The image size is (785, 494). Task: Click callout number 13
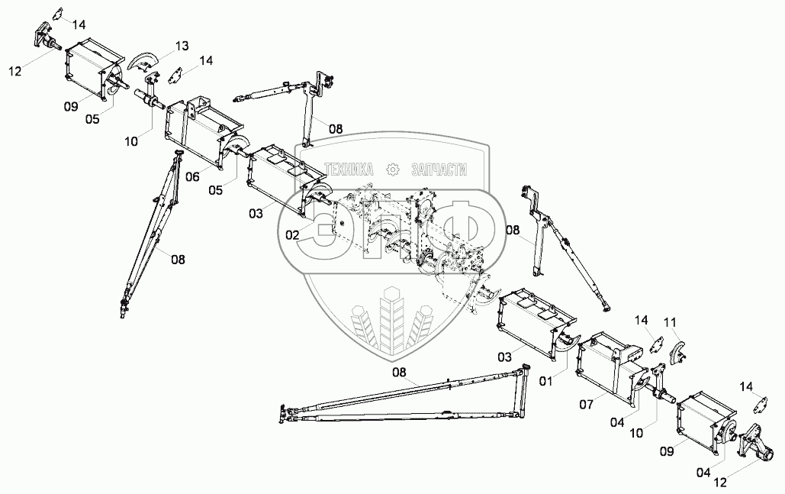pyautogui.click(x=181, y=47)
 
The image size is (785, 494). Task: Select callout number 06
pyautogui.click(x=193, y=176)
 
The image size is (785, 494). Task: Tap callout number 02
pyautogui.click(x=293, y=235)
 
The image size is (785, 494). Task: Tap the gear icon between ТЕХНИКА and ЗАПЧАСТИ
pyautogui.click(x=394, y=170)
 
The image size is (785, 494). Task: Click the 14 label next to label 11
pyautogui.click(x=642, y=320)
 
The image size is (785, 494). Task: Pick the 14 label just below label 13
pyautogui.click(x=207, y=60)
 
